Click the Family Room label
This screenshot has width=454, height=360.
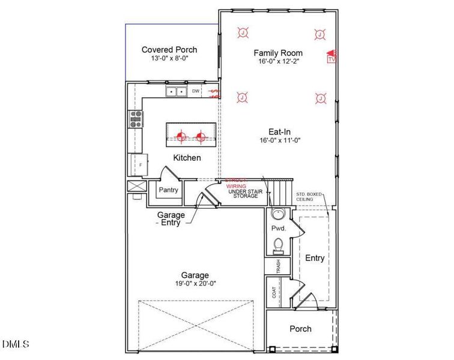point(277,53)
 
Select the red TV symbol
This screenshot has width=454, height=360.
point(330,57)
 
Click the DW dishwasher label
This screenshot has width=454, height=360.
point(195,91)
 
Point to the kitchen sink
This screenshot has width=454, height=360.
point(176,92)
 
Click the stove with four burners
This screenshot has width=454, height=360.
point(136,119)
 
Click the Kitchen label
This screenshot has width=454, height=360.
point(187,158)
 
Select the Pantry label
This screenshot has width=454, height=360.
point(168,190)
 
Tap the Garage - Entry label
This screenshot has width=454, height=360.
point(171,218)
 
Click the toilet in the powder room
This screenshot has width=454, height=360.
point(278,245)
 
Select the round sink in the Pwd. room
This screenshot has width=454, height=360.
point(277,214)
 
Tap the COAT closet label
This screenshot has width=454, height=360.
point(274,292)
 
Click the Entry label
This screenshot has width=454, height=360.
point(315,258)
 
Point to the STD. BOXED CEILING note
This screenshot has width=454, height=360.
point(309,197)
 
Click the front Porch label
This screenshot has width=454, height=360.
point(300,329)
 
